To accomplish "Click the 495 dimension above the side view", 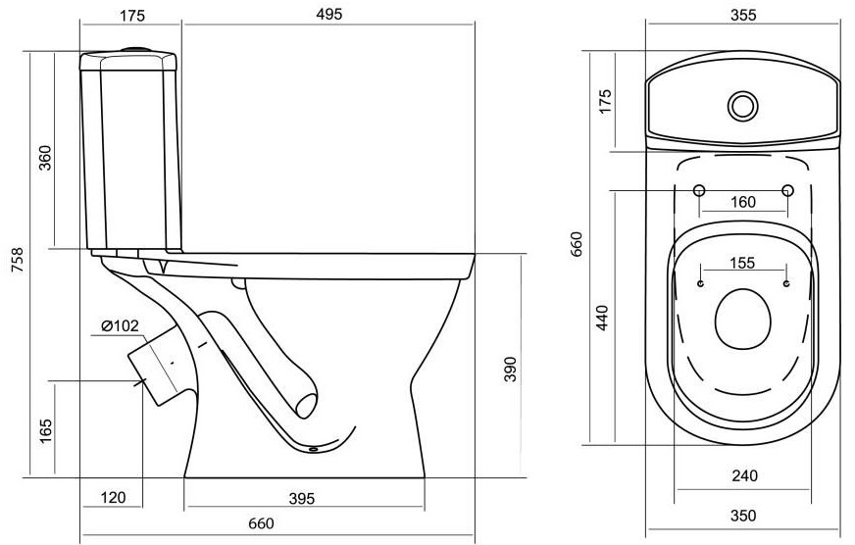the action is pyautogui.click(x=328, y=14).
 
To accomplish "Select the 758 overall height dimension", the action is pyautogui.click(x=18, y=261).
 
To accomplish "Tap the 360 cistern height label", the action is pyautogui.click(x=45, y=158).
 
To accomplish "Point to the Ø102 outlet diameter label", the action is pyautogui.click(x=120, y=325).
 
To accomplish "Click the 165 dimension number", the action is pyautogui.click(x=45, y=430).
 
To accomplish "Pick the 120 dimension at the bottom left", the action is pyautogui.click(x=113, y=497).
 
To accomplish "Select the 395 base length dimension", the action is pyautogui.click(x=302, y=498).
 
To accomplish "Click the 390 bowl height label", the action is pyautogui.click(x=510, y=369).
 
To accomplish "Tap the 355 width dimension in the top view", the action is pyautogui.click(x=743, y=15).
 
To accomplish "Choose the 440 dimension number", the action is pyautogui.click(x=601, y=318).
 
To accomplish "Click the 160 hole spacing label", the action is pyautogui.click(x=742, y=202).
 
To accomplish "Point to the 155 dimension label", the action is pyautogui.click(x=742, y=264).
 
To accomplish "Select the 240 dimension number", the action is pyautogui.click(x=744, y=475).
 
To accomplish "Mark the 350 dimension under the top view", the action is pyautogui.click(x=743, y=515).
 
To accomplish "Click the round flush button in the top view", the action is pyautogui.click(x=742, y=106).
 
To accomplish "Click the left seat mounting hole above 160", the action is pyautogui.click(x=699, y=190).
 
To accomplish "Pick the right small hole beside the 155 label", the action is pyautogui.click(x=785, y=283).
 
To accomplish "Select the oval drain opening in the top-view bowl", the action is pyautogui.click(x=742, y=320).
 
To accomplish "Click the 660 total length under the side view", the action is pyautogui.click(x=261, y=523).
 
